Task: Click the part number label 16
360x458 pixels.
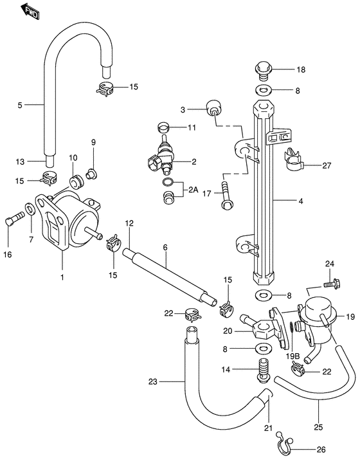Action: click(x=7, y=255)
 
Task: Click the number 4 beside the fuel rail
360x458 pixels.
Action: click(x=300, y=200)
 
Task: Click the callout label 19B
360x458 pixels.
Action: click(x=293, y=355)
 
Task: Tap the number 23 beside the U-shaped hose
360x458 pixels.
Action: click(x=152, y=381)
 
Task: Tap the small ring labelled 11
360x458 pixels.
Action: click(x=165, y=126)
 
